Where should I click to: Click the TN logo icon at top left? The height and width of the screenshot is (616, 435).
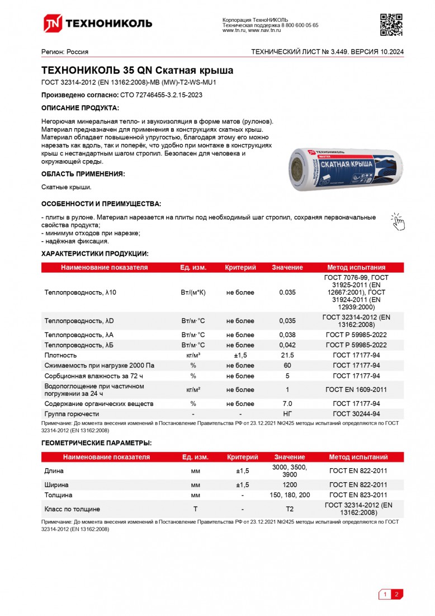pyautogui.click(x=53, y=23)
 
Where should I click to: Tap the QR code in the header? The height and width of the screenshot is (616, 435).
pyautogui.click(x=391, y=23)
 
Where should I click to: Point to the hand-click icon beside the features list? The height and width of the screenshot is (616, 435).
pyautogui.click(x=397, y=221)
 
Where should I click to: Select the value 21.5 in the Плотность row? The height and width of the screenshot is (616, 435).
pyautogui.click(x=287, y=355)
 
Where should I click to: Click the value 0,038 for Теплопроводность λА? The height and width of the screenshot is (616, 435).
pyautogui.click(x=287, y=335)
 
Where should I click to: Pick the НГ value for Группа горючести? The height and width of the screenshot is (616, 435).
pyautogui.click(x=287, y=414)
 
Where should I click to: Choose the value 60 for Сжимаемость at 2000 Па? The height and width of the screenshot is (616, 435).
pyautogui.click(x=287, y=366)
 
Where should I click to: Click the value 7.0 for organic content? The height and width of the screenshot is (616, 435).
pyautogui.click(x=287, y=404)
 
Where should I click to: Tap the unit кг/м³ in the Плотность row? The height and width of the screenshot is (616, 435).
pyautogui.click(x=193, y=355)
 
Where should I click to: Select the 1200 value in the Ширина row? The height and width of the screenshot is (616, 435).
pyautogui.click(x=289, y=484)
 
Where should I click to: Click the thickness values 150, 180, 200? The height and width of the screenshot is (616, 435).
pyautogui.click(x=289, y=495)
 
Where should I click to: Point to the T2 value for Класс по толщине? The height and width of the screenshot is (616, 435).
pyautogui.click(x=289, y=509)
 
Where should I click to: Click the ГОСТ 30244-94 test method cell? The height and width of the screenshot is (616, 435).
pyautogui.click(x=356, y=414)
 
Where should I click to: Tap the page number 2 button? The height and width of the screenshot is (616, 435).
pyautogui.click(x=396, y=595)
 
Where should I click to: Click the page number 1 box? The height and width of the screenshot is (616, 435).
pyautogui.click(x=385, y=595)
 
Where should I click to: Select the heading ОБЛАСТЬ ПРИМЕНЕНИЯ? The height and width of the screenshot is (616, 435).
pyautogui.click(x=83, y=174)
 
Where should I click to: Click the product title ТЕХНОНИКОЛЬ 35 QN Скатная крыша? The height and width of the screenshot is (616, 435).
pyautogui.click(x=138, y=71)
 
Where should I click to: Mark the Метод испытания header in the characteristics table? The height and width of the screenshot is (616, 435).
pyautogui.click(x=356, y=268)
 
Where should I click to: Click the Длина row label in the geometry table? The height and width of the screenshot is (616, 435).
pyautogui.click(x=54, y=471)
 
